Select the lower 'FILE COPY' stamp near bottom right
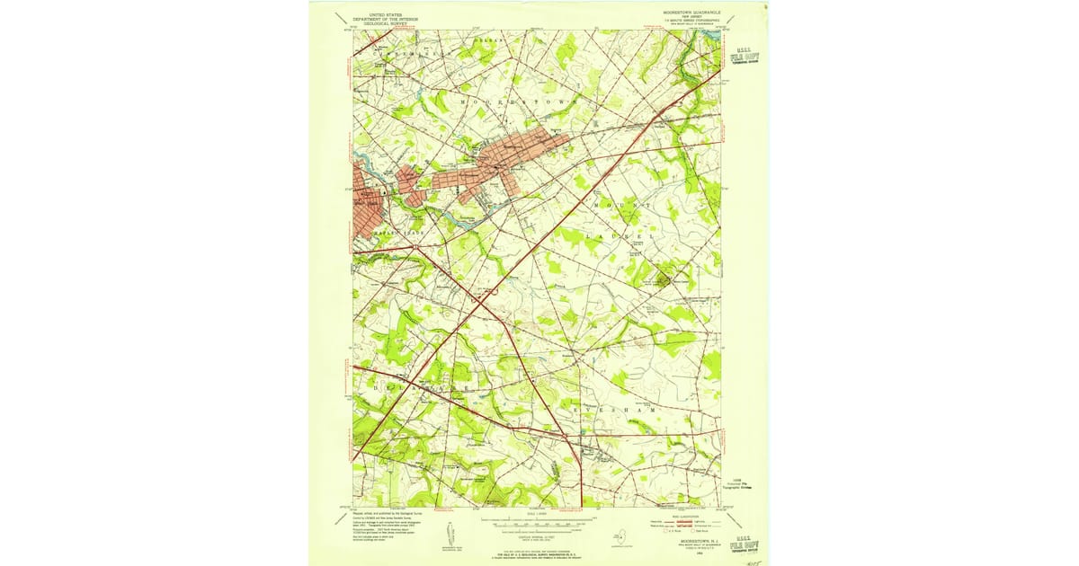(x=743, y=544)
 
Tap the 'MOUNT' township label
(x=621, y=206)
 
